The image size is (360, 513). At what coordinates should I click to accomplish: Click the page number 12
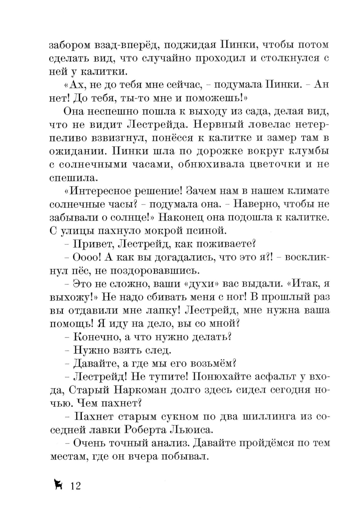[76, 486]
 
